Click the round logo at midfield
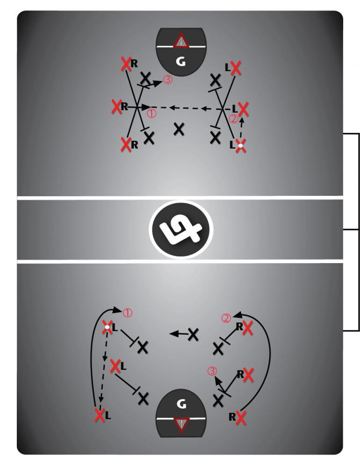coord(181,229)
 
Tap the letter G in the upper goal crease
coord(181,62)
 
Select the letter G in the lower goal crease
coord(181,404)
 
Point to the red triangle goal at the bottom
coord(181,425)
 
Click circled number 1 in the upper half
coord(151,114)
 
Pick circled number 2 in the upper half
coord(234,119)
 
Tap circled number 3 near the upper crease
coord(168,79)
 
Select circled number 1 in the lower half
coord(128,313)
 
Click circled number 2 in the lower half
coord(226,318)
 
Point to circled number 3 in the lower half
coord(212,371)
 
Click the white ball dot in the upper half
coord(240,146)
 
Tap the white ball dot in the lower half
coord(107,327)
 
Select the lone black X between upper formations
coord(179,129)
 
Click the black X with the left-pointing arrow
coord(193,334)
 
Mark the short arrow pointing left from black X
coord(179,334)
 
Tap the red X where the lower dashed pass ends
coord(100,415)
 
